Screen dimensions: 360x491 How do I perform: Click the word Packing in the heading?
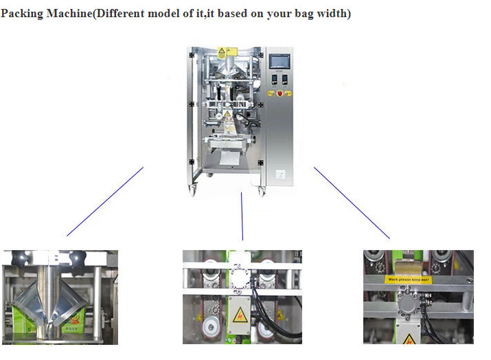[x=21, y=14]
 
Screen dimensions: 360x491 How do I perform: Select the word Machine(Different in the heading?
[x=92, y=14]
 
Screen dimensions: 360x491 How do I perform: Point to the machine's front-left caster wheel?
[x=193, y=192]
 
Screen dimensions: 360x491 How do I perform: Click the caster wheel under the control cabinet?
[x=262, y=192]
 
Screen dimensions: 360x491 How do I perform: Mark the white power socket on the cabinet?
[x=280, y=174]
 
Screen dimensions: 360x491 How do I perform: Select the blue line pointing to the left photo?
[x=105, y=201]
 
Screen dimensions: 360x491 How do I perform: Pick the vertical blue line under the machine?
[x=242, y=216]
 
